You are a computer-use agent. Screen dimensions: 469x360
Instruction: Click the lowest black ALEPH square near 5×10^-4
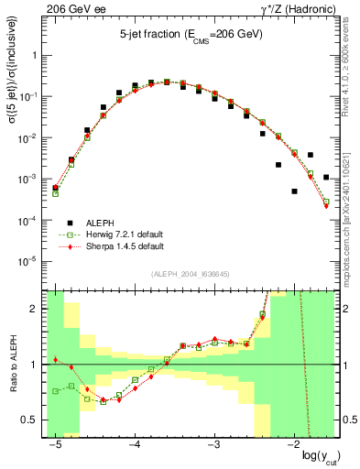click(x=294, y=191)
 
